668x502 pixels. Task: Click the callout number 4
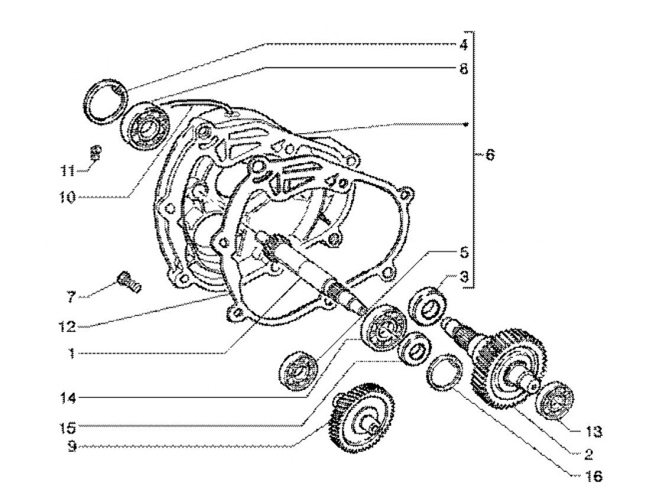[x=463, y=45]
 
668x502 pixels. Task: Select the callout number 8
[x=463, y=69]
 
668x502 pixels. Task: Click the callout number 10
[x=67, y=197]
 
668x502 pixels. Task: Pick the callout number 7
[x=71, y=298]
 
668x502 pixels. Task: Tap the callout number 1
[x=71, y=354]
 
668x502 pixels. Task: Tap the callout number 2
[x=587, y=454]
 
